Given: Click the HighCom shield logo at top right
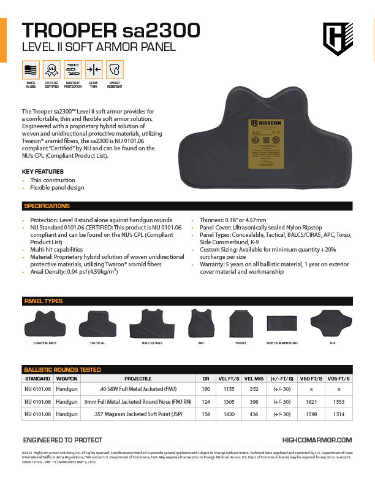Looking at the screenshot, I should point(338,39).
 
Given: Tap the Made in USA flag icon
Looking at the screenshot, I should point(31,69).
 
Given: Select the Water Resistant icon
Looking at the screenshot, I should point(115,69).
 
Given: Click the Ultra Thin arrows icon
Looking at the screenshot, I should point(94,69).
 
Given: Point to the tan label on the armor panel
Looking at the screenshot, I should point(268,143).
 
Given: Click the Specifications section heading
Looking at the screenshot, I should point(47,206).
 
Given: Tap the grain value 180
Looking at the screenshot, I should point(206,390).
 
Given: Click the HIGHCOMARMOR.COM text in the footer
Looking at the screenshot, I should point(317,440).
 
